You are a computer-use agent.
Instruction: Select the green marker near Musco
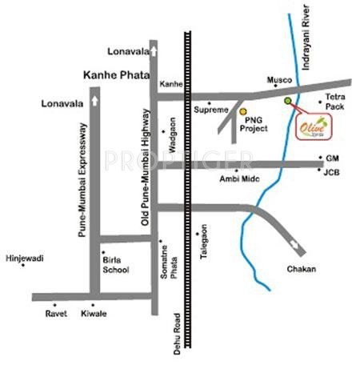(x=288, y=100)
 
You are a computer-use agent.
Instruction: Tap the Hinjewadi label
(x=24, y=259)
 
